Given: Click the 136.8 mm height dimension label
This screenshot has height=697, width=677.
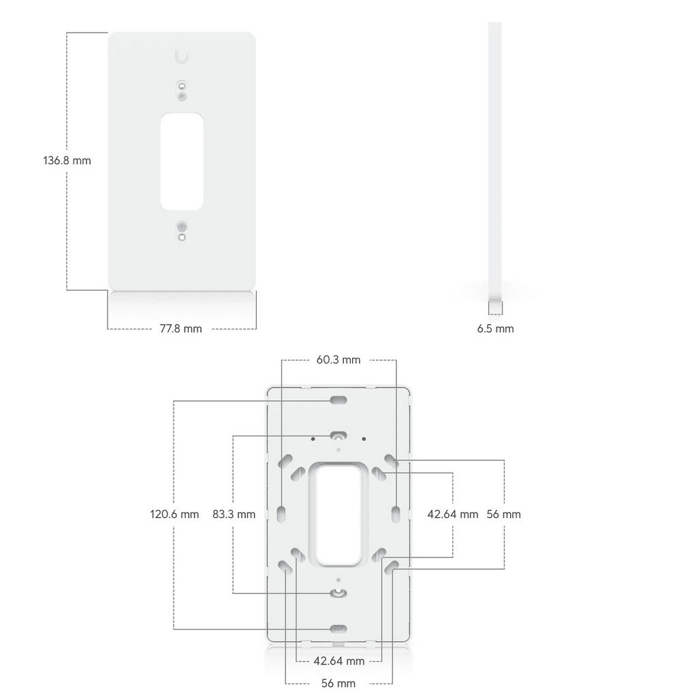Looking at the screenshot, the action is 67,161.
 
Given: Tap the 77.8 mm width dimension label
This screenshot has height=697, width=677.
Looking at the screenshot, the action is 180,329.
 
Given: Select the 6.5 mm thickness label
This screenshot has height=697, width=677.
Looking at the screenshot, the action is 495,329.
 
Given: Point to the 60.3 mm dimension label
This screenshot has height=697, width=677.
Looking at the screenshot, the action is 338,359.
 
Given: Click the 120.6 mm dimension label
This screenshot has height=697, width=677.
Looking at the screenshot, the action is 174,515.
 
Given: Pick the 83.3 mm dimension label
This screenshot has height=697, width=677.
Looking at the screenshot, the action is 234,515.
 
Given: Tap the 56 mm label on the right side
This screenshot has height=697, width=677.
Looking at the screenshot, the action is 503,515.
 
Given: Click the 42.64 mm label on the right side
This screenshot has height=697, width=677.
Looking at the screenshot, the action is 453,515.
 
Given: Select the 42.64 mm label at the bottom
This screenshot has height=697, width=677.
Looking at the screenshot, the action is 339,661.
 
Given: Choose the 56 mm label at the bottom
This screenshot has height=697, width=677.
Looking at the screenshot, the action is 338,683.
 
